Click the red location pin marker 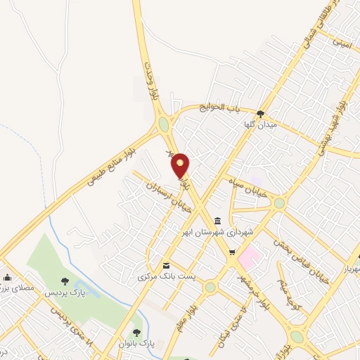(x=181, y=165)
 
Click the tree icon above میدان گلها (x=261, y=113)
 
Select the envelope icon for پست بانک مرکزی (x=167, y=265)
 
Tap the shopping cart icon (x=232, y=253)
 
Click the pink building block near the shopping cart (x=247, y=257)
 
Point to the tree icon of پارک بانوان (x=136, y=332)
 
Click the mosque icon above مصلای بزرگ (x=7, y=276)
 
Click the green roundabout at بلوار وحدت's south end (x=164, y=124)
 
